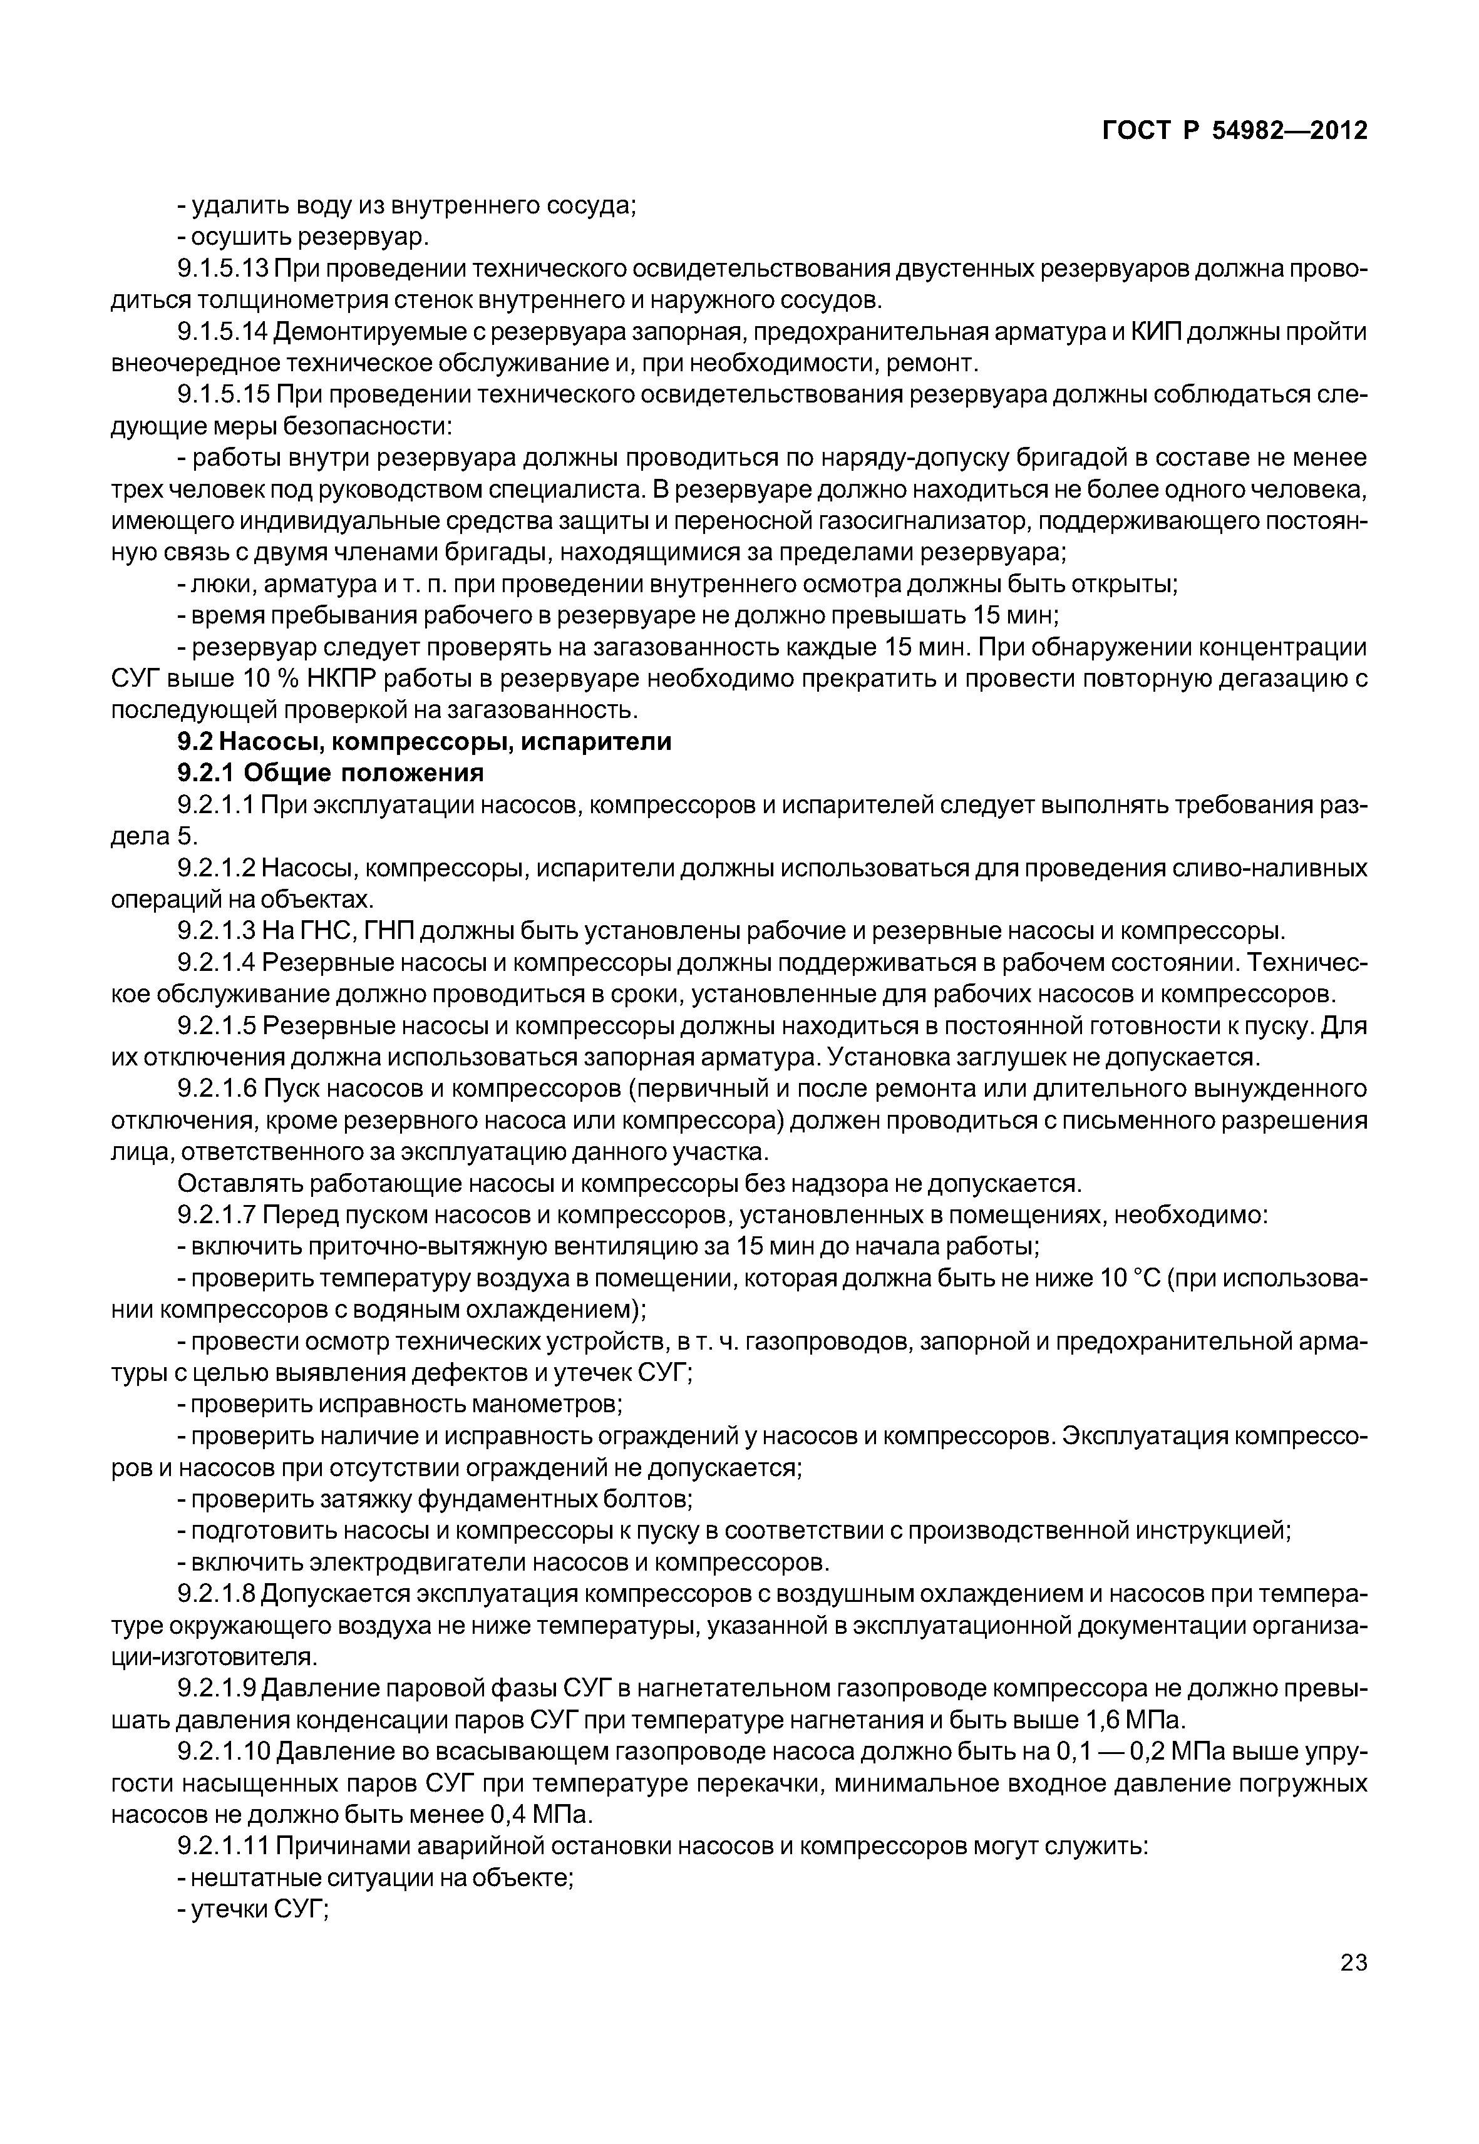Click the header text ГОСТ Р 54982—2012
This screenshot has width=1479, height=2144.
tap(1234, 131)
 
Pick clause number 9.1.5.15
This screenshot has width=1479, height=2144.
tap(222, 395)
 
